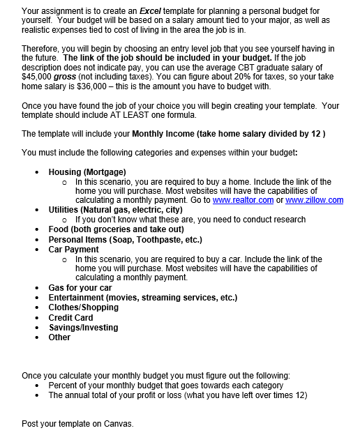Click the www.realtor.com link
pos(243,200)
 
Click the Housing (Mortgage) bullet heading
pos(87,172)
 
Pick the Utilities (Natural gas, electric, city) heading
pos(115,210)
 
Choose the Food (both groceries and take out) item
pos(116,229)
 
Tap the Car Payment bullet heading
pos(73,249)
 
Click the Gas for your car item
pos(80,288)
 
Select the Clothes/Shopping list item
pos(83,307)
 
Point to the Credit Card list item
pos(70,318)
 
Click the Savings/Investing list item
pos(83,328)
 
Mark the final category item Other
pos(59,337)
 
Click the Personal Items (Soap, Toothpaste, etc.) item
pos(125,239)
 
